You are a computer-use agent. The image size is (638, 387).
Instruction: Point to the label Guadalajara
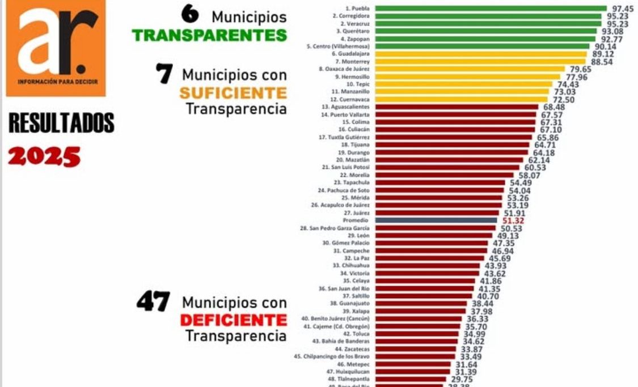click(x=354, y=53)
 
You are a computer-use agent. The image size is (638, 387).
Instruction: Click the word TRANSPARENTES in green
click(x=209, y=35)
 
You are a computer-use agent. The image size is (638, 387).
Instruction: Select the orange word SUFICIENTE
click(x=233, y=92)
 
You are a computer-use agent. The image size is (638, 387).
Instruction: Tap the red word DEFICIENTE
click(x=233, y=320)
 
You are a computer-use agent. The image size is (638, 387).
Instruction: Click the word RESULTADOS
click(x=61, y=123)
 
